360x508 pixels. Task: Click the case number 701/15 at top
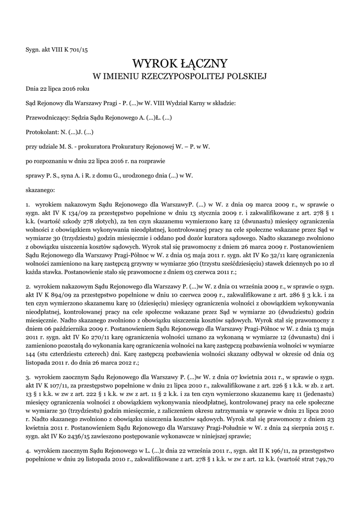point(79,50)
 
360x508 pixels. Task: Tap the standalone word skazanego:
point(40,190)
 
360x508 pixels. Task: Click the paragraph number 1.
point(27,204)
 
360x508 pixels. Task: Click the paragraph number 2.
point(27,286)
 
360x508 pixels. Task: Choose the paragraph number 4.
point(27,451)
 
